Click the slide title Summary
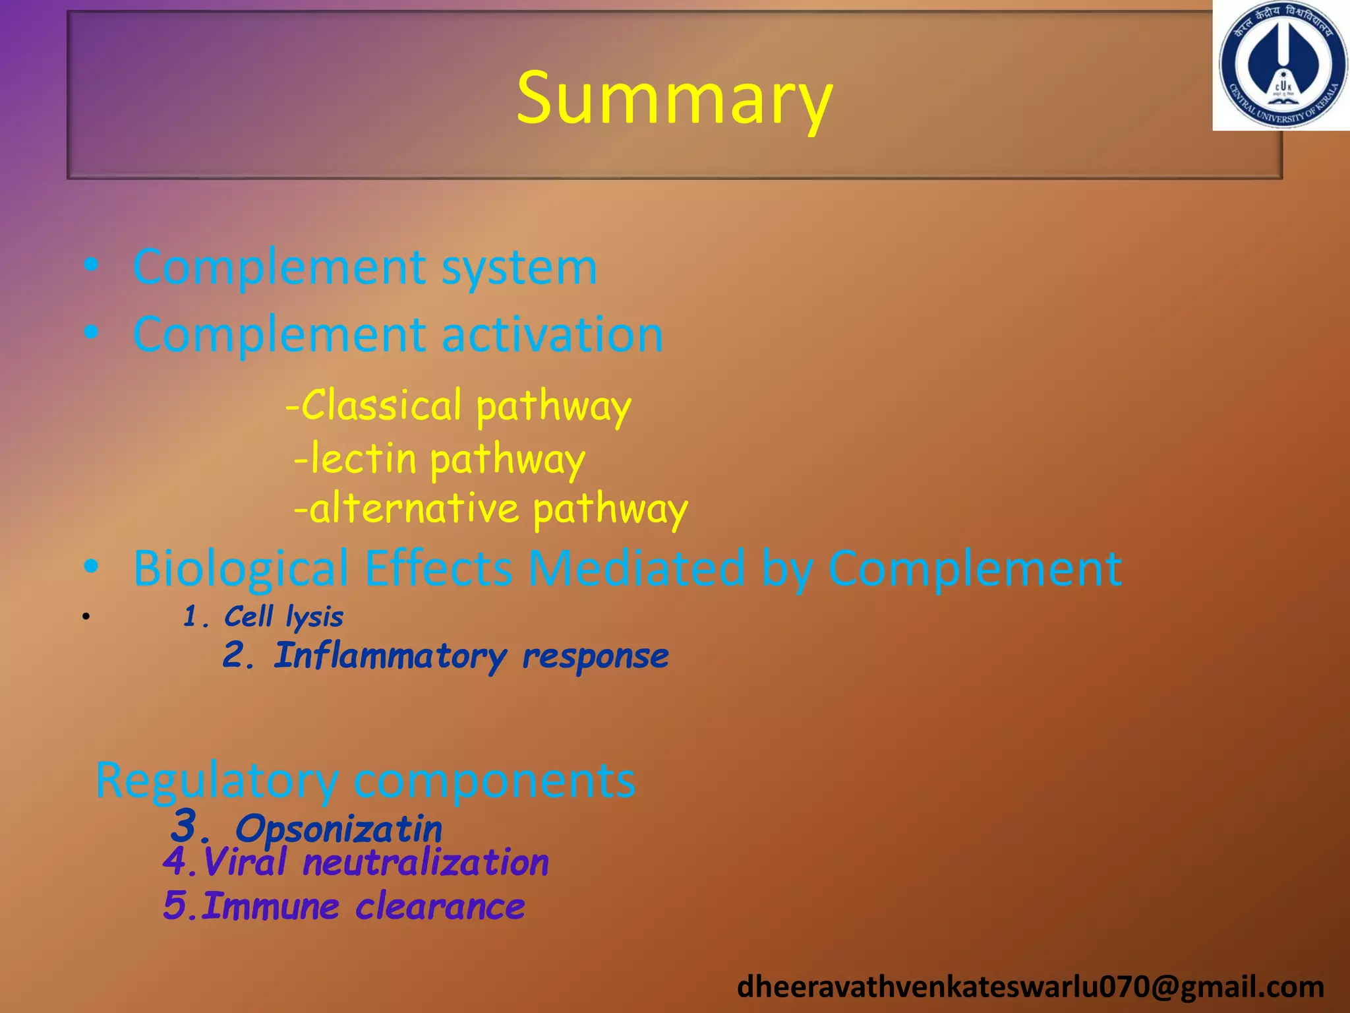tap(674, 99)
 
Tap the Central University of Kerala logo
tap(1281, 66)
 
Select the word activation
tap(552, 334)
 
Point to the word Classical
tap(382, 405)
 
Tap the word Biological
tap(241, 568)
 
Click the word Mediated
tap(636, 568)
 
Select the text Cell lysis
tap(283, 617)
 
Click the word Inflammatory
tap(390, 656)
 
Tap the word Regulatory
tap(217, 781)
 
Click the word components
tap(494, 781)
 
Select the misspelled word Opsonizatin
tap(338, 829)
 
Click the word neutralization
tap(426, 863)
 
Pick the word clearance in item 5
tap(440, 906)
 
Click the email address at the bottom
tap(1030, 987)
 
